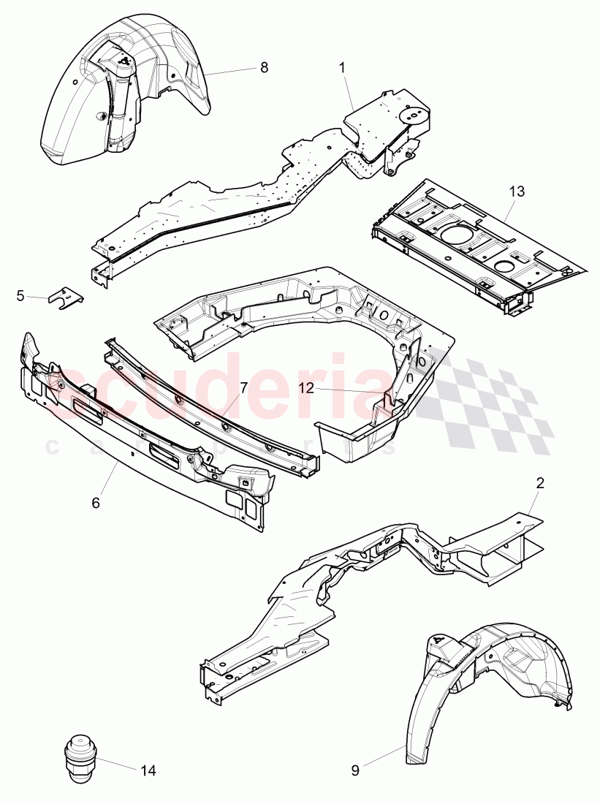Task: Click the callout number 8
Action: (264, 67)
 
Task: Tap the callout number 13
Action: (517, 191)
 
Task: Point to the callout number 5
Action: (20, 295)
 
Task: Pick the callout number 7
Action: (243, 387)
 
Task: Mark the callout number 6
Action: (96, 503)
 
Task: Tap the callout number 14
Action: (148, 770)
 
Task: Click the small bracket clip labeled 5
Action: (65, 297)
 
